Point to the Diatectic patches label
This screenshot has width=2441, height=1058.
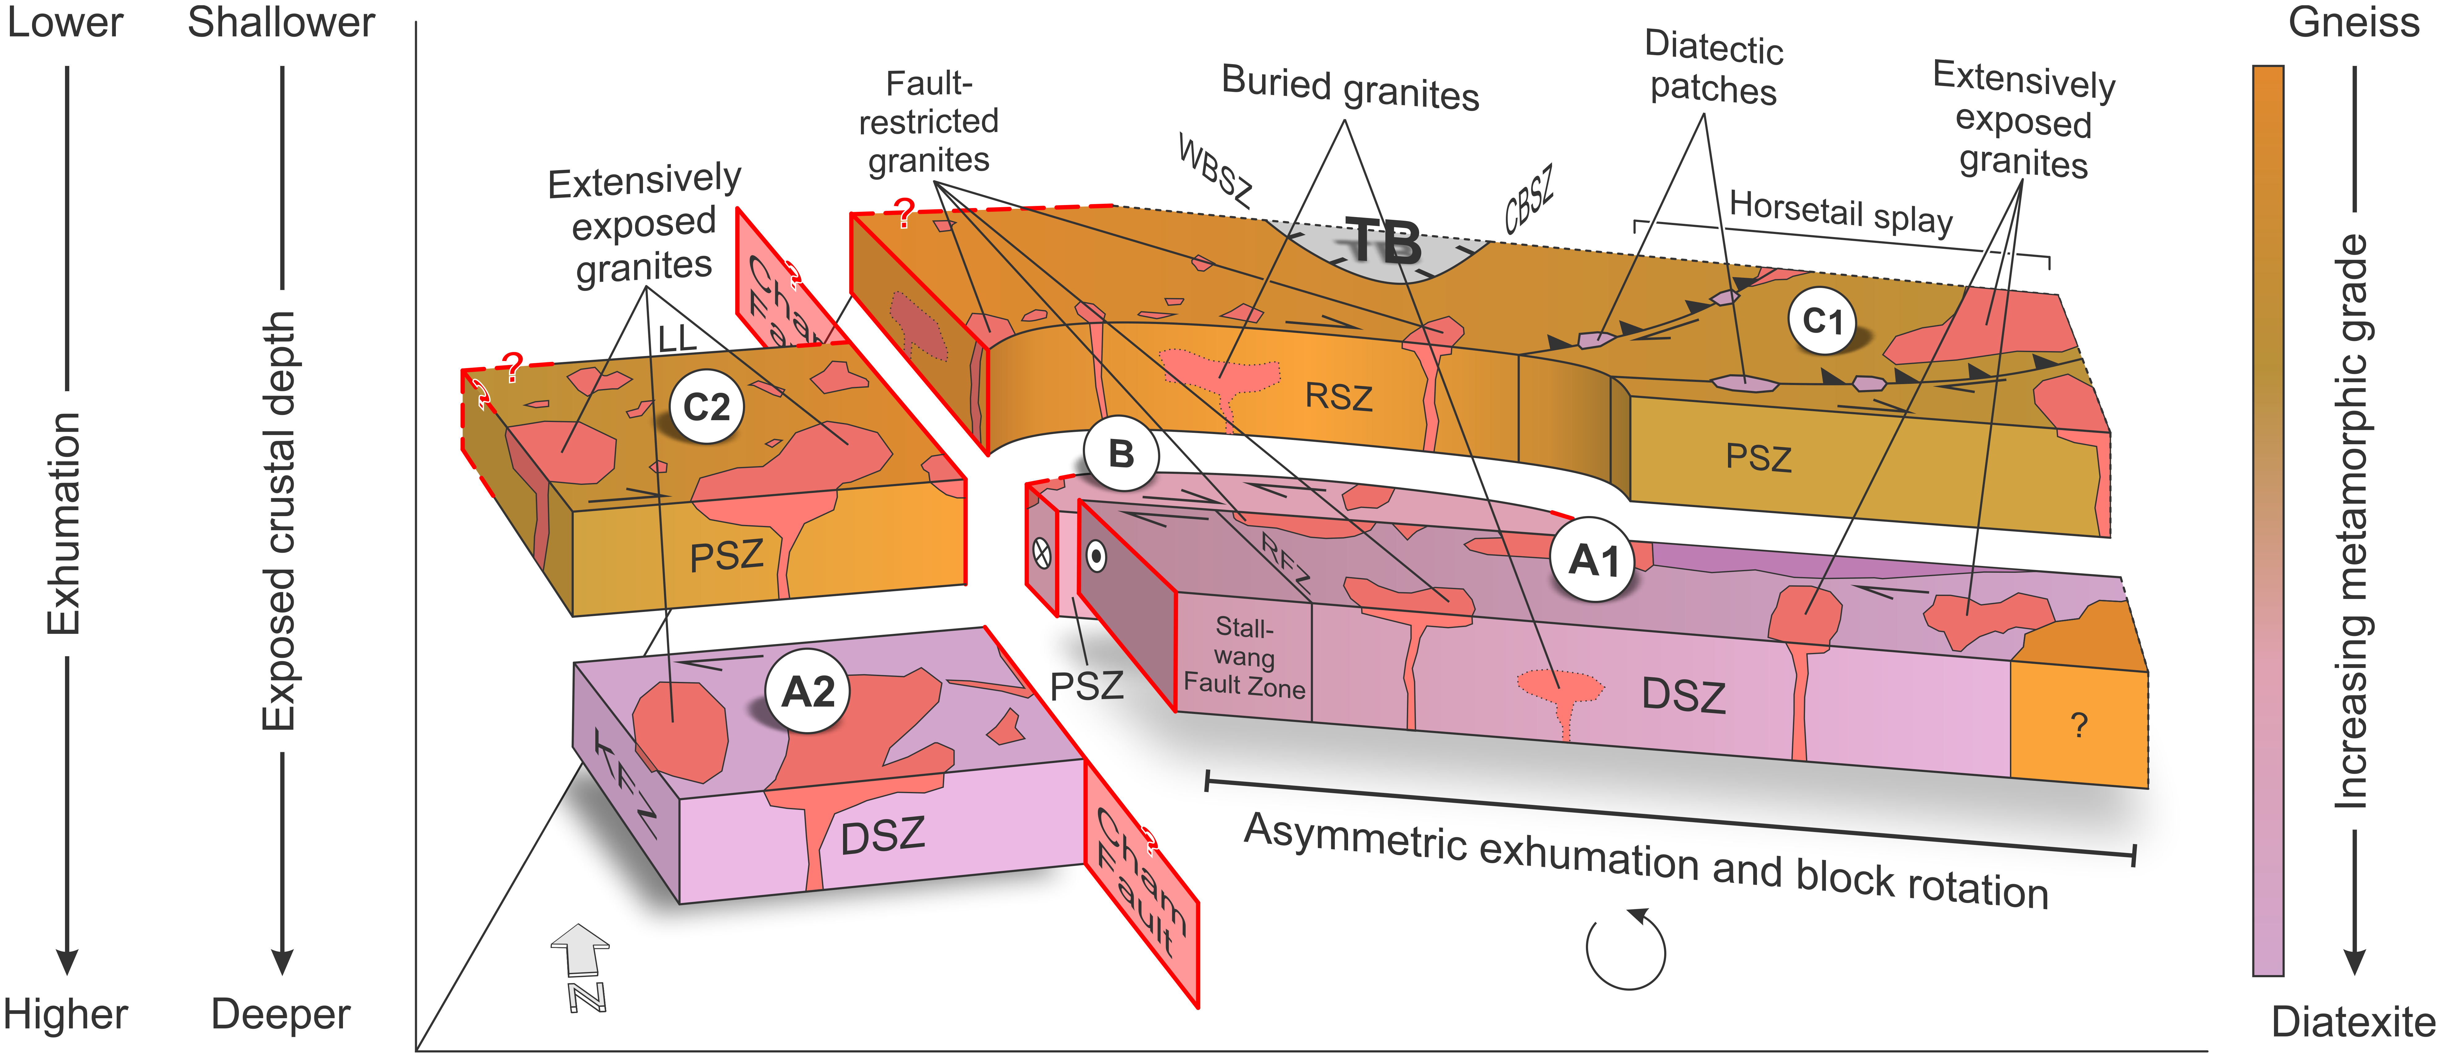click(x=1713, y=68)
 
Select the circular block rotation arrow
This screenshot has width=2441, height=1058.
click(x=1626, y=949)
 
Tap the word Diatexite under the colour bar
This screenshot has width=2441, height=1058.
click(x=2353, y=1022)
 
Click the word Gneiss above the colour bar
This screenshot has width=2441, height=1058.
click(x=2353, y=22)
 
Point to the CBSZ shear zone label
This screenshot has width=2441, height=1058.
click(x=1528, y=199)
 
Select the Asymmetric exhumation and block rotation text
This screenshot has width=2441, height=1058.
click(x=1646, y=861)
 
